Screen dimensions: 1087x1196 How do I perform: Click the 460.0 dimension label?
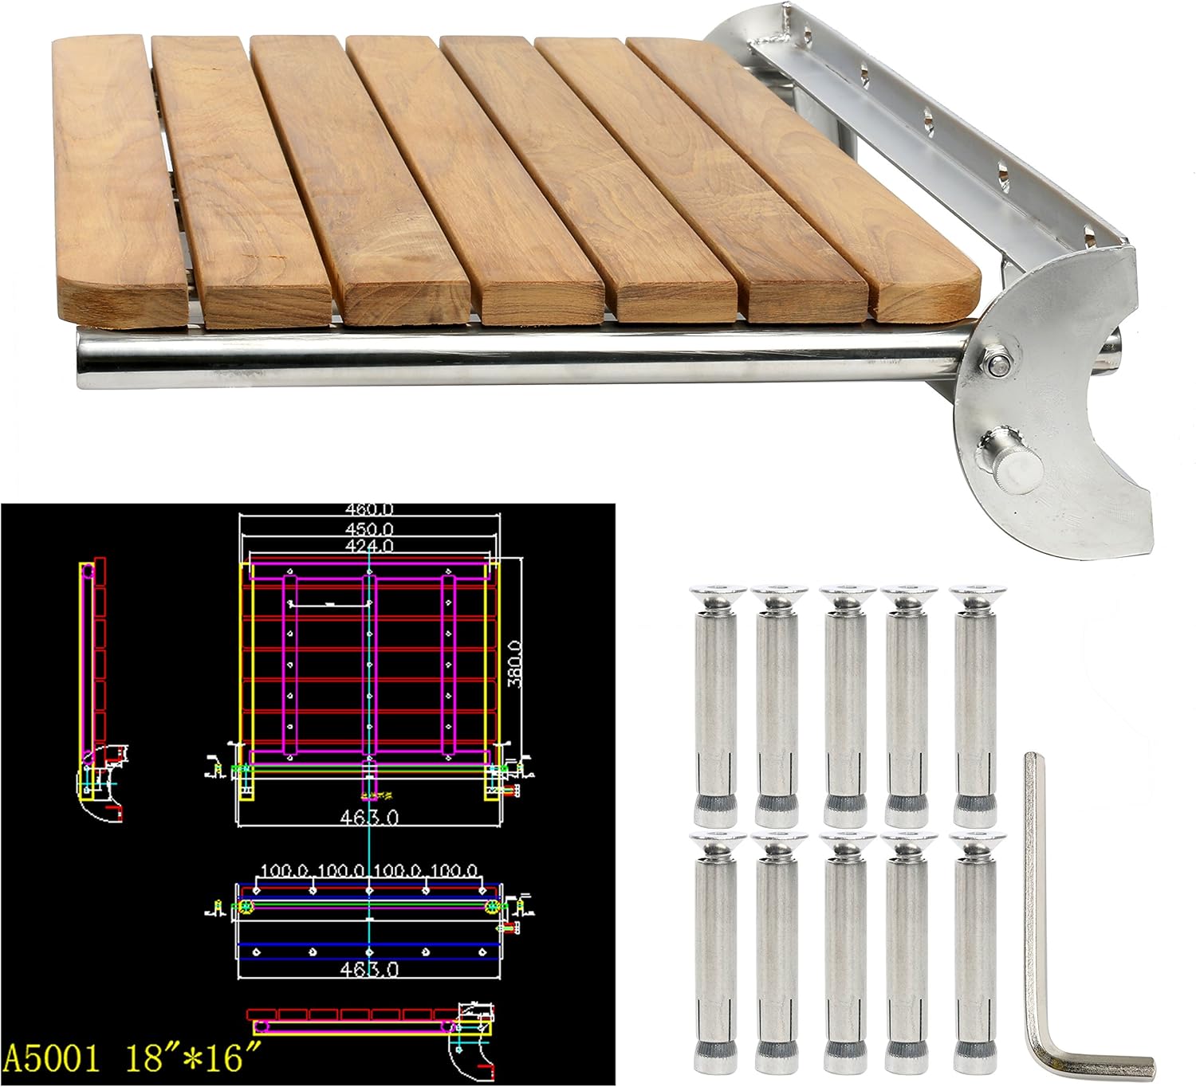[369, 509]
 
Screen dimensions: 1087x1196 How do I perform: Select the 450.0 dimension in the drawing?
[369, 528]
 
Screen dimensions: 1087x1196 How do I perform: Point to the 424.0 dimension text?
[369, 546]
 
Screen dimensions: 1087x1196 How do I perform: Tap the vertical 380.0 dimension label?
[515, 663]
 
